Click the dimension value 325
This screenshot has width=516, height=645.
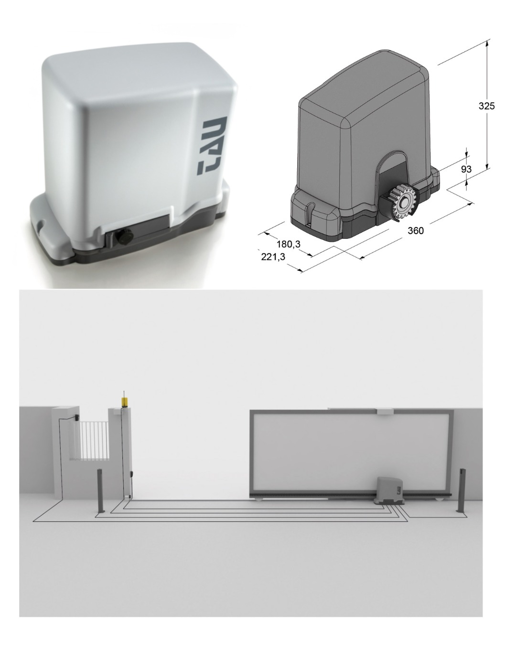[486, 106]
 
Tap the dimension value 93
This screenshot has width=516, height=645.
[466, 169]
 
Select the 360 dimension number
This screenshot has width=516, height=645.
[416, 230]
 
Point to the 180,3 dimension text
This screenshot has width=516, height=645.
[288, 244]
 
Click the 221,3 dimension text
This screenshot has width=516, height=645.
[273, 257]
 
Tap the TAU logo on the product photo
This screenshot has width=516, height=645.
[212, 146]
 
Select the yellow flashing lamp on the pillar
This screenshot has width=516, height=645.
[124, 402]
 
